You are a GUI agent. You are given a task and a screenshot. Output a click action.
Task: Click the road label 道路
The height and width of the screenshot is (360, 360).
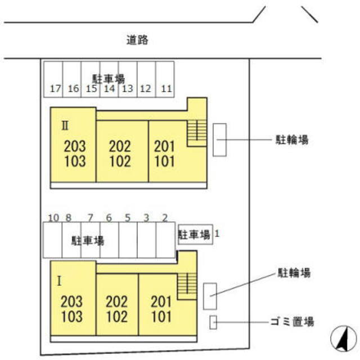pyautogui.click(x=138, y=40)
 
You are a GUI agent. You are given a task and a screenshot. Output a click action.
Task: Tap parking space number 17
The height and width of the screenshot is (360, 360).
pyautogui.click(x=55, y=88)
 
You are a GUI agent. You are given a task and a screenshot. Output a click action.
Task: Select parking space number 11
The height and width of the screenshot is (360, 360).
pyautogui.click(x=165, y=88)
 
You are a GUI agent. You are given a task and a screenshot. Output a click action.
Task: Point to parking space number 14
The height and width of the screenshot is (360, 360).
pyautogui.click(x=110, y=88)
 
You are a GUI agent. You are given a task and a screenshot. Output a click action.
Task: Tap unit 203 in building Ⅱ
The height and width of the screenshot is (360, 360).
pyautogui.click(x=75, y=147)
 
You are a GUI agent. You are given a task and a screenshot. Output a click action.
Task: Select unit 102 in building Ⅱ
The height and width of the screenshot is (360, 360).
pyautogui.click(x=119, y=161)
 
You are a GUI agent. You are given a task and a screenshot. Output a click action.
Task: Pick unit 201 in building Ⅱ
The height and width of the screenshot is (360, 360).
pyautogui.click(x=164, y=147)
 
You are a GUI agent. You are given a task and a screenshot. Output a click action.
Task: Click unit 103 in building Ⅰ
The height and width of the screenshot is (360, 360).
pyautogui.click(x=72, y=316)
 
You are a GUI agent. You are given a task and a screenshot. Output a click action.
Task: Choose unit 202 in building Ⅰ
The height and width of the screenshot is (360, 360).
pyautogui.click(x=116, y=301)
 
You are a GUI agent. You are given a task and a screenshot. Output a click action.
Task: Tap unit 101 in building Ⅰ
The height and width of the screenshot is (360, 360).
pyautogui.click(x=161, y=316)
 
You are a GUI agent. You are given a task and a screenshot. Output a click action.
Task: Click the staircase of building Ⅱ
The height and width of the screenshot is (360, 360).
pyautogui.click(x=197, y=131)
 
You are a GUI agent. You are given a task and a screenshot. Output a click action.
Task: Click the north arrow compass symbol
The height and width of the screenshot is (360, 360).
pyautogui.click(x=341, y=339)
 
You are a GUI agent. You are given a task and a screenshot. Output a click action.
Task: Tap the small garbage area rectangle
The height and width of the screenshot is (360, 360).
pyautogui.click(x=213, y=322)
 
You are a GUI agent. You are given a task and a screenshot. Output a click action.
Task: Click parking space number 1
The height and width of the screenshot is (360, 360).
pyautogui.click(x=217, y=231)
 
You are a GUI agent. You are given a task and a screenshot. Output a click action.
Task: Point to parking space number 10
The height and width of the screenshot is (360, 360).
pyautogui.click(x=54, y=218)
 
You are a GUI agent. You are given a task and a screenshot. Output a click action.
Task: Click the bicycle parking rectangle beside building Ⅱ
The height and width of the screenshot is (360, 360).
pyautogui.click(x=219, y=139)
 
